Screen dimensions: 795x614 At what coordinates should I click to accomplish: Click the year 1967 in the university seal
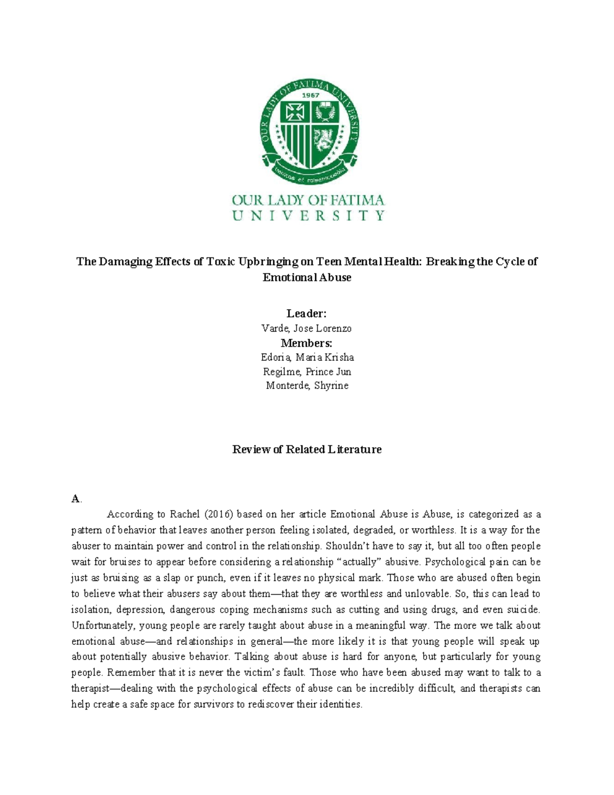310,95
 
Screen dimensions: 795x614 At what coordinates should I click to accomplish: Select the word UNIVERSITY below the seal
308,216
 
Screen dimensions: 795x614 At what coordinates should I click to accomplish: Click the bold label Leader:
306,313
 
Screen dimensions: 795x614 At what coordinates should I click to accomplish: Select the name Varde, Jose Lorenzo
306,328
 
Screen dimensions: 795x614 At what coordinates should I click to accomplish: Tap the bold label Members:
306,342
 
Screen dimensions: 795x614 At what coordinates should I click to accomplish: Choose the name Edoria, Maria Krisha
307,357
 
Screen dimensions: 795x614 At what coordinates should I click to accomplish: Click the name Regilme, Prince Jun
306,371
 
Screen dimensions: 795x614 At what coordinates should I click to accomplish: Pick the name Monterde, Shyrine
307,385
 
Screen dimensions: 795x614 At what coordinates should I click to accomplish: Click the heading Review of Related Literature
306,449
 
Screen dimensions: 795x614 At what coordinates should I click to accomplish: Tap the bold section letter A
75,499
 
